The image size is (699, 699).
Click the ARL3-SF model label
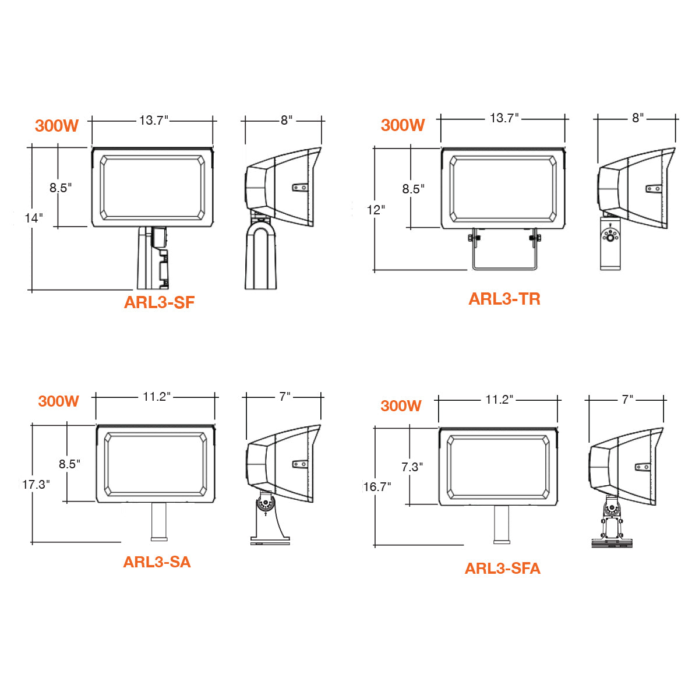(x=159, y=302)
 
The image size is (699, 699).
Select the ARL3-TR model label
(x=504, y=299)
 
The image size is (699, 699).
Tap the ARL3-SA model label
(x=157, y=562)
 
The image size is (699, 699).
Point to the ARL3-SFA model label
(x=502, y=569)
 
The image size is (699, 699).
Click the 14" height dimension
(x=33, y=218)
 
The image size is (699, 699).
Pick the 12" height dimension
(x=376, y=210)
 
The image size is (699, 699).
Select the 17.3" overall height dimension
(x=36, y=484)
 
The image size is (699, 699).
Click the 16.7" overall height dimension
(x=377, y=487)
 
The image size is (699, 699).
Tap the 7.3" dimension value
(x=412, y=467)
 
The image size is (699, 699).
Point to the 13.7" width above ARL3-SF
(x=154, y=121)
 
